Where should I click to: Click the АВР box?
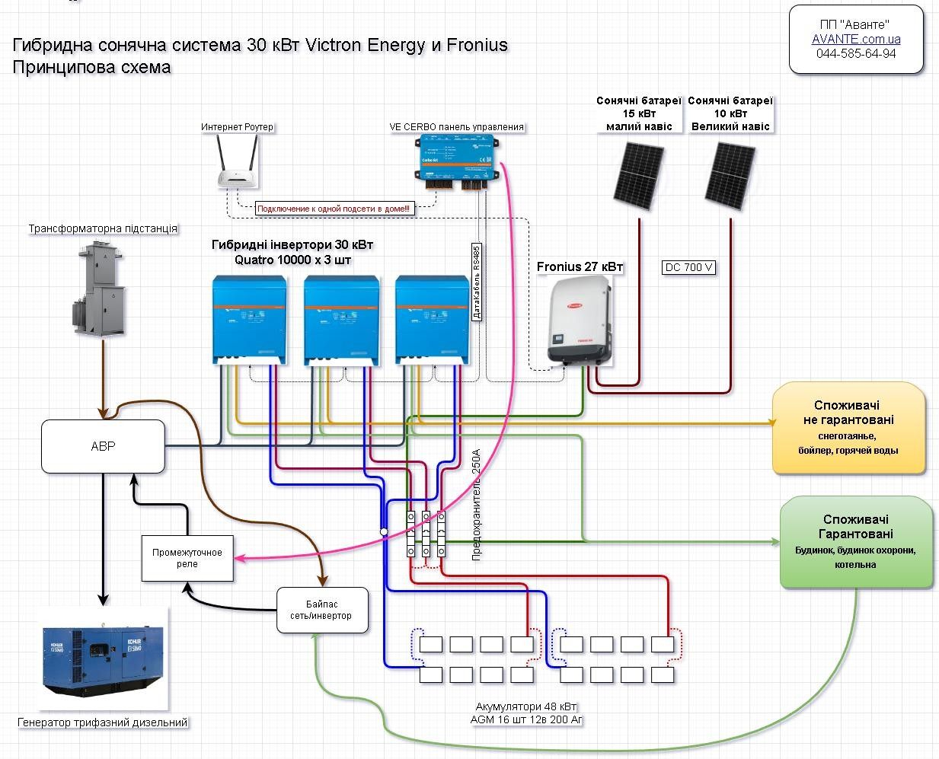coord(103,446)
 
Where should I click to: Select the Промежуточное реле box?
coord(187,558)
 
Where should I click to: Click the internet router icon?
coord(237,163)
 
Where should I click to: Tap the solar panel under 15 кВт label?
coord(638,175)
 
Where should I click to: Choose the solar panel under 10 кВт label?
coord(730,175)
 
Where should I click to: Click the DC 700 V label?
coord(688,267)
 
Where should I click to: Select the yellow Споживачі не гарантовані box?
coord(848,428)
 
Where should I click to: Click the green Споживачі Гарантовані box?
coord(856,542)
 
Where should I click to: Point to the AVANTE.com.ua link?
coord(856,39)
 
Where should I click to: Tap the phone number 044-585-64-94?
coord(856,53)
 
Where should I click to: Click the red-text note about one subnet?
coord(333,209)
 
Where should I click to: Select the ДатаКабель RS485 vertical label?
coord(477,282)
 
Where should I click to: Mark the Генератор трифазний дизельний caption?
coord(102,722)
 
